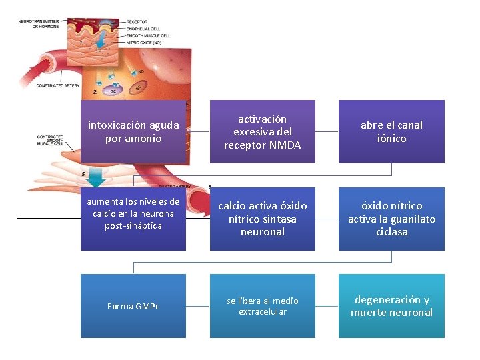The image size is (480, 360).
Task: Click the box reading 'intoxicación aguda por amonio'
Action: (x=133, y=131)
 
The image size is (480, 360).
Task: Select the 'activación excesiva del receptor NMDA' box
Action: (x=262, y=131)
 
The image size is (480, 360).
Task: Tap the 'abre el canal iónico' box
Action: (x=391, y=131)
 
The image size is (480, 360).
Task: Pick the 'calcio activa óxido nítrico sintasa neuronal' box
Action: (x=262, y=219)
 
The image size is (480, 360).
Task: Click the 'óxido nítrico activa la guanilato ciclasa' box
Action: (x=391, y=219)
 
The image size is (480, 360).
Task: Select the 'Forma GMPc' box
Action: (x=133, y=306)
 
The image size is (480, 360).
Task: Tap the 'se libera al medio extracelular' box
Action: (x=262, y=306)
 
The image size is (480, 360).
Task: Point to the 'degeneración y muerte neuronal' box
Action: (x=391, y=306)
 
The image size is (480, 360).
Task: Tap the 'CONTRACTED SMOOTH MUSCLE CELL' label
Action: (x=50, y=139)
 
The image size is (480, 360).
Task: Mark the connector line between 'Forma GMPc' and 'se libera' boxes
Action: (x=197, y=306)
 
